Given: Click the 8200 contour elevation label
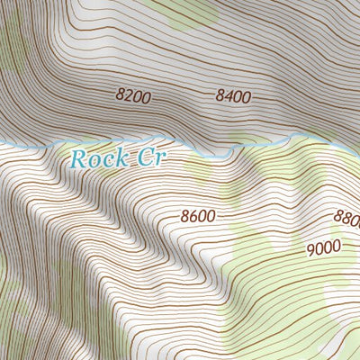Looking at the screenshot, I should [133, 93].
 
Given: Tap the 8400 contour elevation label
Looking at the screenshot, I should [232, 93].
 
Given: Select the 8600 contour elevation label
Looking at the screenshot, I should [198, 216].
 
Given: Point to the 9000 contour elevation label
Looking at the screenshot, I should [322, 247].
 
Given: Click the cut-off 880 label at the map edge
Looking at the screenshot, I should [346, 218].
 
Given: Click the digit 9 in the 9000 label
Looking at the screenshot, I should [309, 247].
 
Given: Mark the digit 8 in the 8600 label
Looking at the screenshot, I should [185, 216].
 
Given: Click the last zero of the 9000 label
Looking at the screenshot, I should [336, 247].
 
